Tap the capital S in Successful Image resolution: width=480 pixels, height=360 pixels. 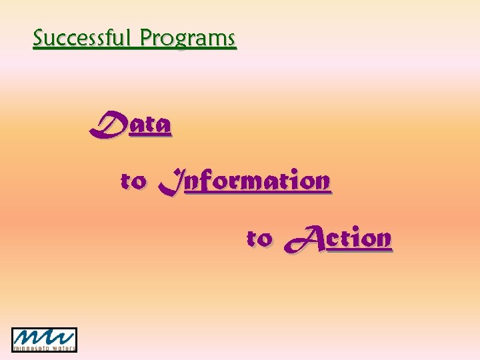39,38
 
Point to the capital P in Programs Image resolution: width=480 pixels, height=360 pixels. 146,38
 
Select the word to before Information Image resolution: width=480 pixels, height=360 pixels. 133,181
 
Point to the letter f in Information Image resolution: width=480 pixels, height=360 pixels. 212,180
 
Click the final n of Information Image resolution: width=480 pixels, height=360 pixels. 321,181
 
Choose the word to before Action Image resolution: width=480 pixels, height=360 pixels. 259,238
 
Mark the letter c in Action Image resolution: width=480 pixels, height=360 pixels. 335,239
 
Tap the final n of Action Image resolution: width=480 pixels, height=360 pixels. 383,239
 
